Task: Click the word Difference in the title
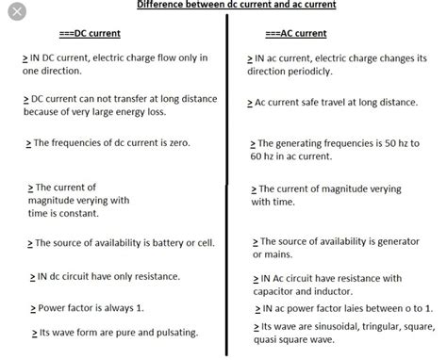click(162, 5)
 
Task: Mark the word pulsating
click(167, 334)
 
